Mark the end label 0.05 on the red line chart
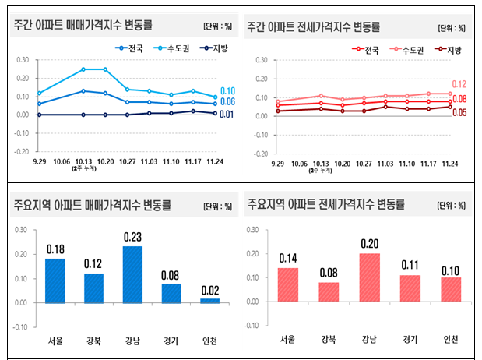tap(459, 112)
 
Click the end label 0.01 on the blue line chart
tap(227, 115)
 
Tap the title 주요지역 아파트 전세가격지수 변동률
tap(325, 206)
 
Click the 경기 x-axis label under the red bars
tap(410, 338)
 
